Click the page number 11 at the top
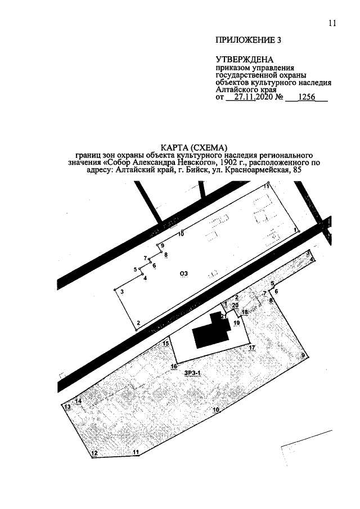pyautogui.click(x=332, y=24)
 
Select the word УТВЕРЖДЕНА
pyautogui.click(x=245, y=60)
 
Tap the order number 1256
pyautogui.click(x=307, y=97)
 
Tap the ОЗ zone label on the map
pyautogui.click(x=184, y=274)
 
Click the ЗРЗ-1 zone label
pyautogui.click(x=191, y=373)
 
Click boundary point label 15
pyautogui.click(x=166, y=344)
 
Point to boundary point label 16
pyautogui.click(x=174, y=366)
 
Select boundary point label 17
pyautogui.click(x=252, y=348)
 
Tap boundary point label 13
pyautogui.click(x=67, y=407)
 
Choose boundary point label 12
pyautogui.click(x=94, y=453)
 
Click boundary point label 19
pyautogui.click(x=236, y=323)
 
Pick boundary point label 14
pyautogui.click(x=78, y=400)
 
